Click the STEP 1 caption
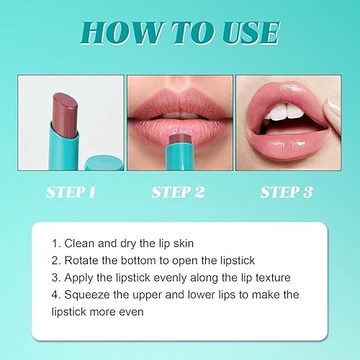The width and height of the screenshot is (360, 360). pos(70,192)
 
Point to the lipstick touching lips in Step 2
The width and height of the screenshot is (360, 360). pos(178,141)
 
